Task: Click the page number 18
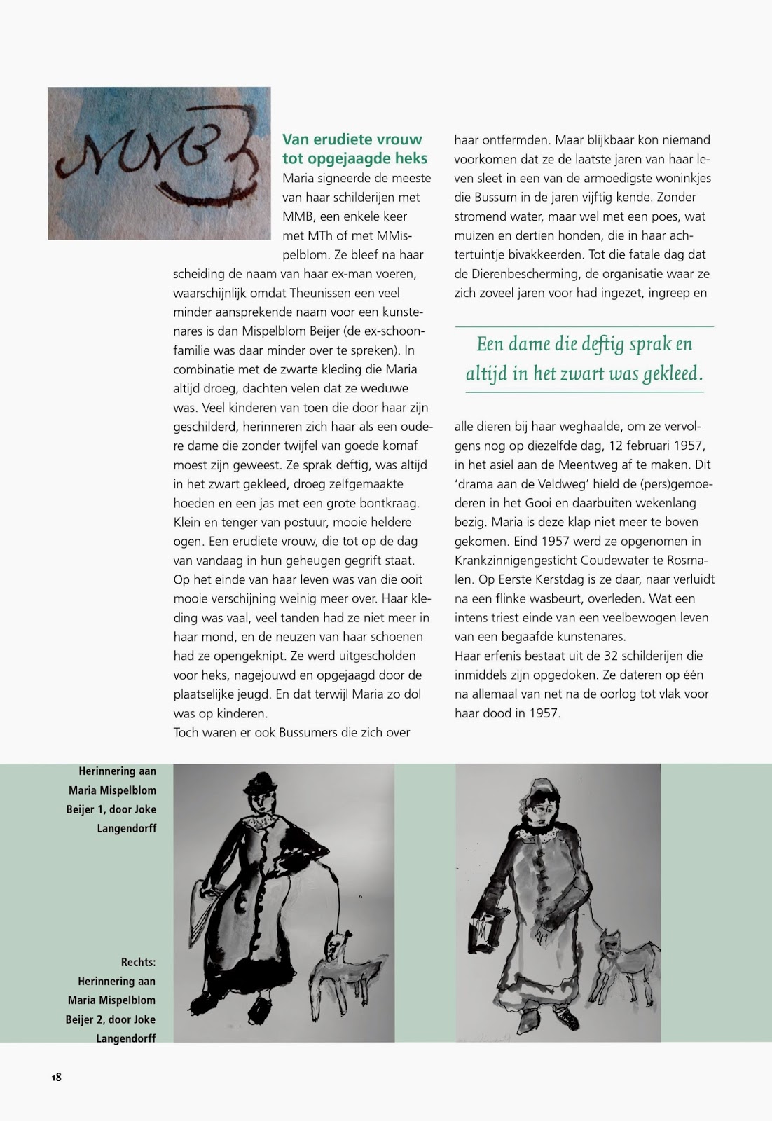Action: pos(56,1077)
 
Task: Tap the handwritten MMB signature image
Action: pos(159,163)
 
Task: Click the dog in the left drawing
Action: pos(347,965)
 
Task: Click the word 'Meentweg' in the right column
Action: pos(597,465)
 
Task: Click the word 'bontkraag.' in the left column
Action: pos(389,503)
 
